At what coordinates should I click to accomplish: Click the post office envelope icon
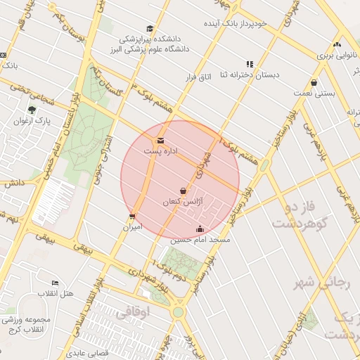coord(161,140)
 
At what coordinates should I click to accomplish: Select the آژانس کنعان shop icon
coord(183,191)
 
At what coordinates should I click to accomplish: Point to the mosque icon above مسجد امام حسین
coord(200,229)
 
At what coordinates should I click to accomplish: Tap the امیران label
coord(133,227)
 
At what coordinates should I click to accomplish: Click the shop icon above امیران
coord(132,217)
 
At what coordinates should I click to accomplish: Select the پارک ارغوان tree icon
coord(31,109)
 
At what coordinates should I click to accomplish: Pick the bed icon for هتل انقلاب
coord(55,283)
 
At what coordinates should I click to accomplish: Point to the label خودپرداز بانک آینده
coord(242,23)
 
